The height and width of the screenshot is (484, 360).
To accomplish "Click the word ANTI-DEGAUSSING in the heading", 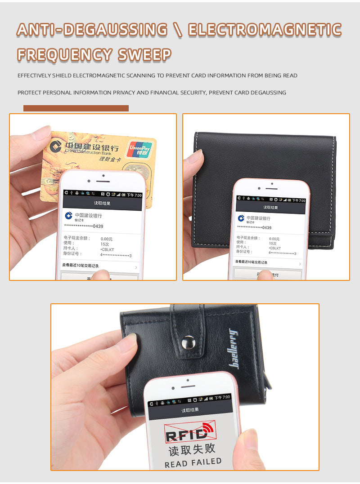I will pyautogui.click(x=92, y=30).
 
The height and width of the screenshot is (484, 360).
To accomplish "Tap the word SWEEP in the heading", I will pyautogui.click(x=144, y=55).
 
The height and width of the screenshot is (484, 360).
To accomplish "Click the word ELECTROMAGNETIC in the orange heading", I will pyautogui.click(x=265, y=30).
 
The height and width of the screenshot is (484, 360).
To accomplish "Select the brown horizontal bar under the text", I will pyautogui.click(x=76, y=108).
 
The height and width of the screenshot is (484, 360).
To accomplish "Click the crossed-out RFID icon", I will pyautogui.click(x=190, y=432).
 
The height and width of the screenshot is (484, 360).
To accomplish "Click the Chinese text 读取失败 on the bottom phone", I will pyautogui.click(x=192, y=448).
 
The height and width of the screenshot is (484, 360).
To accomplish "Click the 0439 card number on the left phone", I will pyautogui.click(x=98, y=226).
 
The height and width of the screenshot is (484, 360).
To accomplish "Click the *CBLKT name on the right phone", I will pyautogui.click(x=275, y=248).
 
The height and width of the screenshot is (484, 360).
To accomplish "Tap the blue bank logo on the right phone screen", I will pyautogui.click(x=241, y=218).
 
